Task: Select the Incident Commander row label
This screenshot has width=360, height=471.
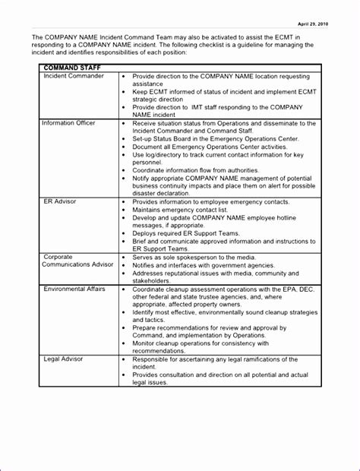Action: (74, 76)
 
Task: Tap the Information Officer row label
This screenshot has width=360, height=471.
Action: (69, 123)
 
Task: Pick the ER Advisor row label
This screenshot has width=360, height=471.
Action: (58, 202)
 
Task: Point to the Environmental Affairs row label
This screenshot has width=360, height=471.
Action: (74, 289)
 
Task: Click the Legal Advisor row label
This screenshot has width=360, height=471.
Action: (64, 359)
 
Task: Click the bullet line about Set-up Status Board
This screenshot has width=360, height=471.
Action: (215, 139)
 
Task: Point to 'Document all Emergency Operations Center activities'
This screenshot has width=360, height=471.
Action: (218, 147)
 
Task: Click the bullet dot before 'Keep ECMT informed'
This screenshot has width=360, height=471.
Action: (124, 92)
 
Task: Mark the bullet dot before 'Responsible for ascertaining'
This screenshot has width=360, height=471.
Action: (124, 359)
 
